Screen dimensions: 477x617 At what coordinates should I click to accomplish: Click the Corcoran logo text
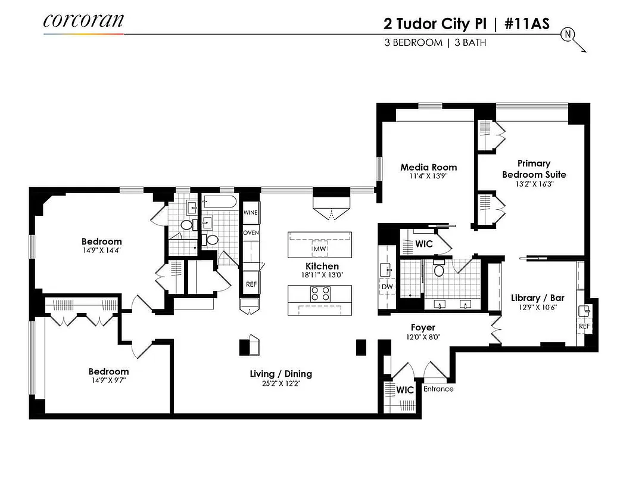tap(83, 20)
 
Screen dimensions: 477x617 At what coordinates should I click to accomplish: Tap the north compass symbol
tap(567, 34)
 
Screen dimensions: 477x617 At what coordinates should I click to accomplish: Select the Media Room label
tap(428, 167)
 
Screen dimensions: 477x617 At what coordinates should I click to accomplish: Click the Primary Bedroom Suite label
tap(534, 169)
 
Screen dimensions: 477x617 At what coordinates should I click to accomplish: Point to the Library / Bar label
tap(537, 298)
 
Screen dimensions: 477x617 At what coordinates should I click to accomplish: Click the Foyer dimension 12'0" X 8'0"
tap(423, 337)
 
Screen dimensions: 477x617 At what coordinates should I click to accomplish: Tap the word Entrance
tap(438, 389)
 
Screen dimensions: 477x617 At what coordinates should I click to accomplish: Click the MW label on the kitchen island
tap(319, 248)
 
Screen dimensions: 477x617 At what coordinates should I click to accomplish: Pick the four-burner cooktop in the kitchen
tap(320, 294)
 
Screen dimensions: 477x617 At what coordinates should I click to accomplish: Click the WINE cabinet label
tap(251, 212)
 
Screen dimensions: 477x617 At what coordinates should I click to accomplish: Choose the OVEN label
tap(251, 233)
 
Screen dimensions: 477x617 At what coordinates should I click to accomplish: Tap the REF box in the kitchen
tap(251, 284)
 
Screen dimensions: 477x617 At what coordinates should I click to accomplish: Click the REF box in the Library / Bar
tap(584, 326)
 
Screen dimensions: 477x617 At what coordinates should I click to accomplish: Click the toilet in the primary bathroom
tap(440, 270)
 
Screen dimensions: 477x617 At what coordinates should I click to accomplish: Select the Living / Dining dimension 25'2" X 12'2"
tap(281, 384)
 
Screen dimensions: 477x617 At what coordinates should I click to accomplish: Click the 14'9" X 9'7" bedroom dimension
tap(108, 381)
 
